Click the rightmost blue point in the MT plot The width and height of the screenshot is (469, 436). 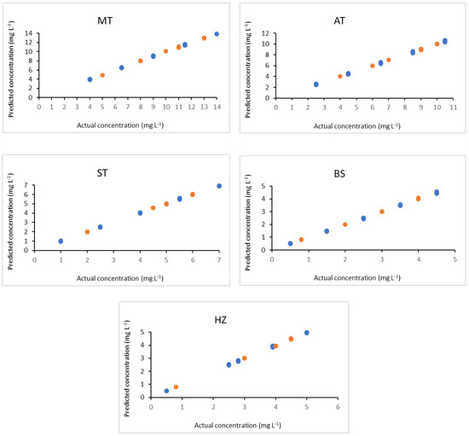[217, 34]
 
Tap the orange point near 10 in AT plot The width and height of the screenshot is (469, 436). [437, 44]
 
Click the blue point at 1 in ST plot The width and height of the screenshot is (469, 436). [61, 241]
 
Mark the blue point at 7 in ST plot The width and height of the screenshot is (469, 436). [219, 186]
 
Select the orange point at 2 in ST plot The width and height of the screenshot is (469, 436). [87, 232]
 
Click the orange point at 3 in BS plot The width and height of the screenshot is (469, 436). [382, 212]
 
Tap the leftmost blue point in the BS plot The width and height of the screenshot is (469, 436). [290, 244]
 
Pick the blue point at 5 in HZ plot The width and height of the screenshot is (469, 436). [307, 333]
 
